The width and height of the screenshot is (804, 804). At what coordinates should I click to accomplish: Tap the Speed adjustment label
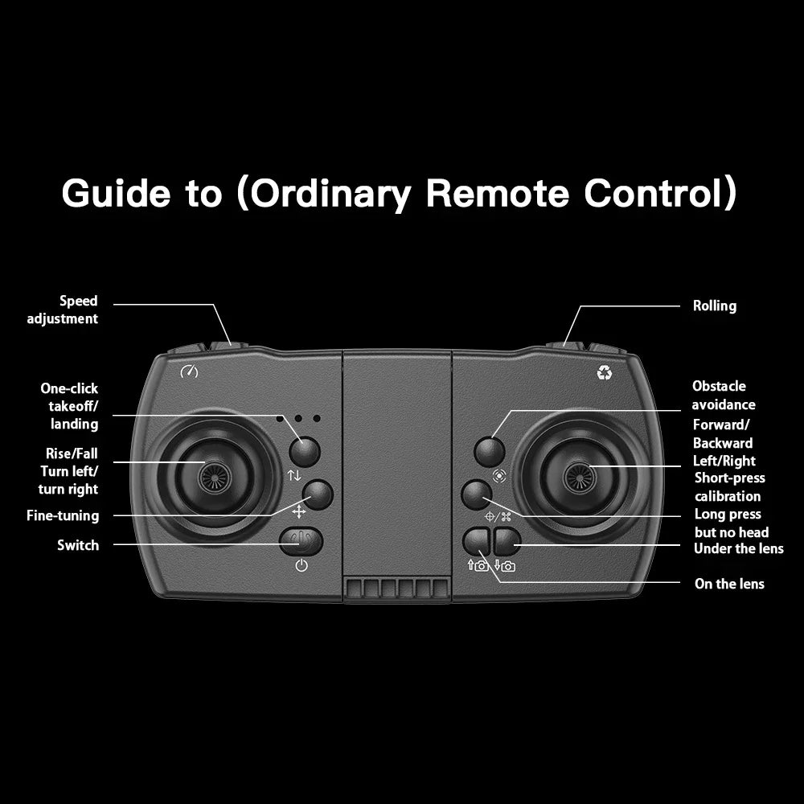point(63,310)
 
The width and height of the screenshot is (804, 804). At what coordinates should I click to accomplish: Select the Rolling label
point(714,306)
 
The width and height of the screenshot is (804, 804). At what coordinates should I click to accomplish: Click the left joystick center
point(215,477)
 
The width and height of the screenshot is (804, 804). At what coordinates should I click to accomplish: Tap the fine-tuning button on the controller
point(318,494)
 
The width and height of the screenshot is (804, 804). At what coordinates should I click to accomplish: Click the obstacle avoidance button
point(489,451)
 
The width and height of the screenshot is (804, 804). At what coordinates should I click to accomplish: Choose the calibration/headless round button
point(476,494)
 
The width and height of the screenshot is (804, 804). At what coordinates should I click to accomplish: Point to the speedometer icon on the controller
point(189,371)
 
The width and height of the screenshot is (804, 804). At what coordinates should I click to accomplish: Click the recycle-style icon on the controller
point(604,373)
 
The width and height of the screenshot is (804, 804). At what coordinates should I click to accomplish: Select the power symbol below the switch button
point(301,565)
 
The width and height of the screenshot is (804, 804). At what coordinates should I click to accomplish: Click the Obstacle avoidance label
point(723,396)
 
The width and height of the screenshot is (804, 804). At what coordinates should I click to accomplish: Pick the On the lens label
point(728,584)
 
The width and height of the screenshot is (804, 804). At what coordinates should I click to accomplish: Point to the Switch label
point(78,545)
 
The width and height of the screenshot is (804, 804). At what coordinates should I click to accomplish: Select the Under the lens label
point(738,548)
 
